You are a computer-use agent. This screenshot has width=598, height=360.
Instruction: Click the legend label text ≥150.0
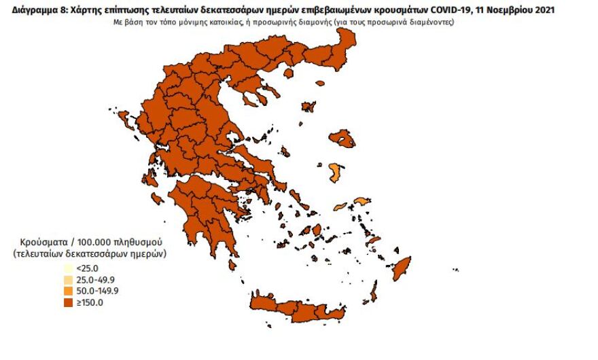pos(89,303)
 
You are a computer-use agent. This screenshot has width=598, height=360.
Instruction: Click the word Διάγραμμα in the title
pos(26,10)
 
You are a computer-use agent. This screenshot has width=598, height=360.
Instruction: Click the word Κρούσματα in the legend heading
pos(42,242)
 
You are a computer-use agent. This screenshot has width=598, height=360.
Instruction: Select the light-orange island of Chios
pos(335,173)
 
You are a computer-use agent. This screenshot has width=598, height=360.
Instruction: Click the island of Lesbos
pos(342,139)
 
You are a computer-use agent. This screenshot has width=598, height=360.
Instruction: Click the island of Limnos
pos(309,107)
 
